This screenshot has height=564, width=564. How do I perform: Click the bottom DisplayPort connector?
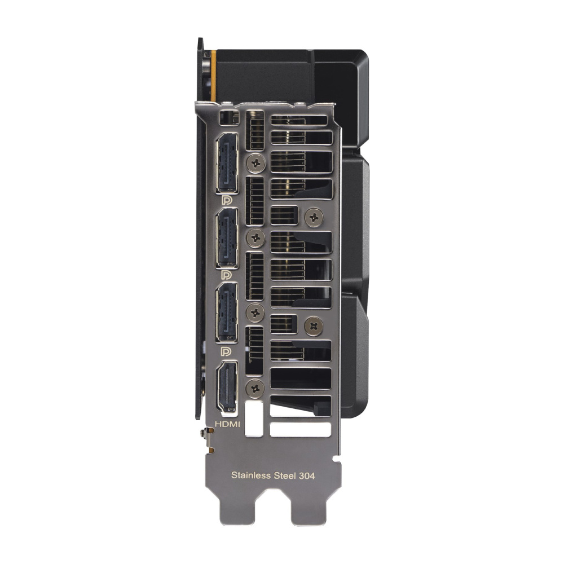tap(227, 312)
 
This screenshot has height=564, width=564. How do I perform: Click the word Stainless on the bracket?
tap(251, 475)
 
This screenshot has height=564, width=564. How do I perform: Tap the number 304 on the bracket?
tap(306, 476)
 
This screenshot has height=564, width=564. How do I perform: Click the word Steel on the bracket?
tap(285, 475)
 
